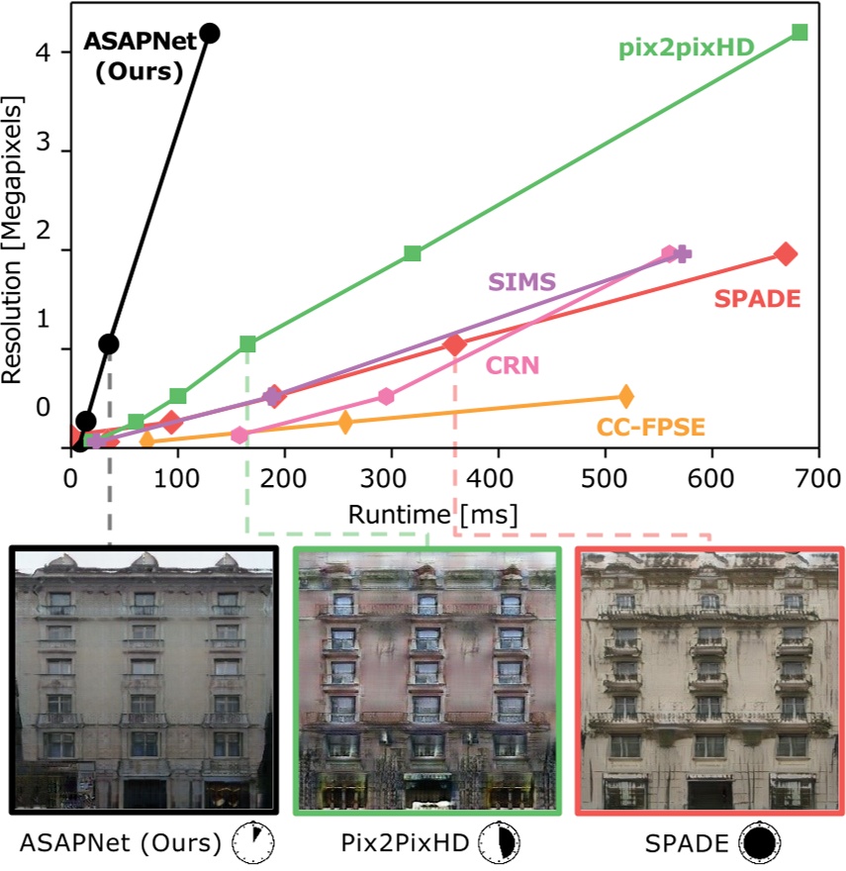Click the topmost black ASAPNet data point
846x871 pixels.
(209, 33)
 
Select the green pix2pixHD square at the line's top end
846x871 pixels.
(799, 32)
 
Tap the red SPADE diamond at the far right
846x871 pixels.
(787, 253)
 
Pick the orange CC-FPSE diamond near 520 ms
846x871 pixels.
(625, 396)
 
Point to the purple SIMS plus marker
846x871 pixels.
(682, 254)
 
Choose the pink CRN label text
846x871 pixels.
(512, 365)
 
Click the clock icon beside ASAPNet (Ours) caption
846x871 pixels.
(251, 843)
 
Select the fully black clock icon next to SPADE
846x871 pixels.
(760, 843)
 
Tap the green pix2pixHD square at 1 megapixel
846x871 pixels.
(247, 343)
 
